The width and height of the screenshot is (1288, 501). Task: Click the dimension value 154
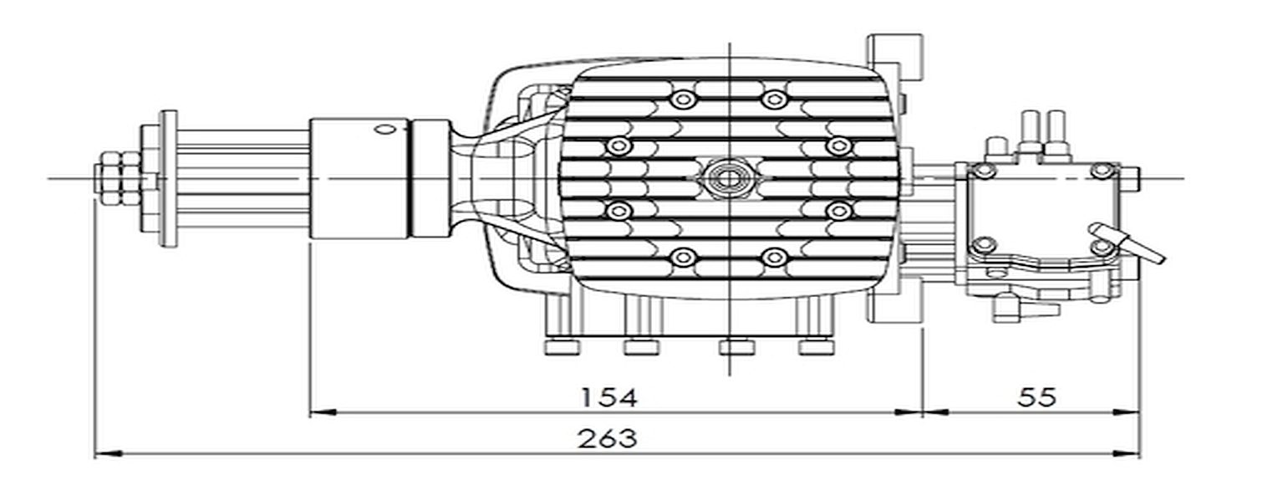click(609, 397)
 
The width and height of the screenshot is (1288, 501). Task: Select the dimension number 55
click(1036, 397)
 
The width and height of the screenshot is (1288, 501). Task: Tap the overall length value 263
click(608, 438)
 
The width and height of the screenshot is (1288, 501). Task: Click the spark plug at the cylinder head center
click(728, 178)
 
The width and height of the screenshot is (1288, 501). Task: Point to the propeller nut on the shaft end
click(119, 178)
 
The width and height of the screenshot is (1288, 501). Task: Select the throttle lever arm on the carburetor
click(1127, 243)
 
